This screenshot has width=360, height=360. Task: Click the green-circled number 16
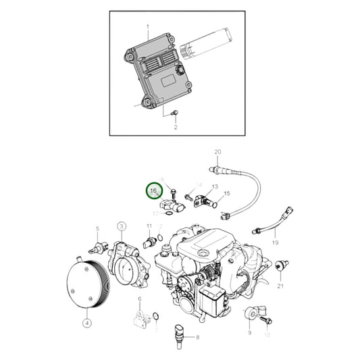click(x=153, y=191)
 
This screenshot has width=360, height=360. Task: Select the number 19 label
click(x=276, y=241)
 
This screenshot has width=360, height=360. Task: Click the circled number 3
click(x=122, y=225)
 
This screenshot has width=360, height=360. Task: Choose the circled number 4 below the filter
click(x=86, y=323)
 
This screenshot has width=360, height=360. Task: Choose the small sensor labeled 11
click(x=149, y=241)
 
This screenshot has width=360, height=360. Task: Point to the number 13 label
click(x=215, y=186)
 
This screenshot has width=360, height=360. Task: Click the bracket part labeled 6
click(x=140, y=316)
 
